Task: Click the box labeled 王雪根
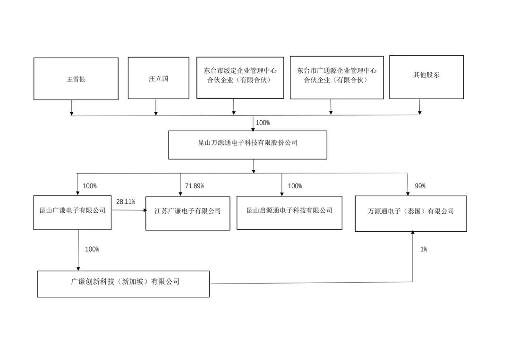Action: [76, 79]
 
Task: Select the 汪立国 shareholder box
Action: [158, 78]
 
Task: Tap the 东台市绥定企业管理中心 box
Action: [240, 78]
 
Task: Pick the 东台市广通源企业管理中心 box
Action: [337, 77]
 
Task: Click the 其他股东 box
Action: [426, 77]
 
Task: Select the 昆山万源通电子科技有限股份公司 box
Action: [247, 145]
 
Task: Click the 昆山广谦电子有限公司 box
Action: [72, 212]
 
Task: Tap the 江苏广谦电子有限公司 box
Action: [187, 213]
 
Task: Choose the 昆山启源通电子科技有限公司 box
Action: [289, 213]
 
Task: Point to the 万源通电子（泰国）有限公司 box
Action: [411, 213]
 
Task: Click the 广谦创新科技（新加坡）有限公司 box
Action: [123, 284]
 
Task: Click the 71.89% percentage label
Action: [195, 186]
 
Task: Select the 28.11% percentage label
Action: [126, 202]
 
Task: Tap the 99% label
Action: [420, 186]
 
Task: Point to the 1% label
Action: [424, 249]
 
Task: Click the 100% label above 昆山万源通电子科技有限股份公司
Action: [263, 123]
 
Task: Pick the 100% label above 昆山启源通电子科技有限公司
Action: [295, 186]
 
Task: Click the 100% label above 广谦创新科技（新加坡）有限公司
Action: [92, 249]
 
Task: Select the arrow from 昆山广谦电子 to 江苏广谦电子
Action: [129, 210]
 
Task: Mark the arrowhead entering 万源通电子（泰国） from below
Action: [413, 233]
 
